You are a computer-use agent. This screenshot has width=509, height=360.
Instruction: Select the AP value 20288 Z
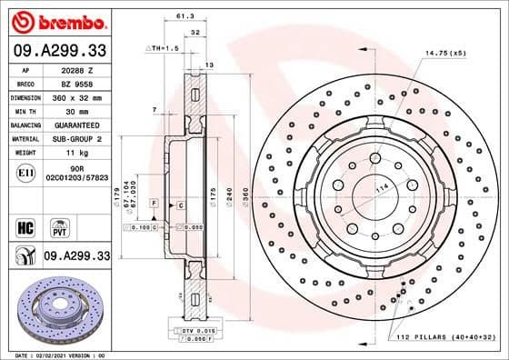click(x=75, y=69)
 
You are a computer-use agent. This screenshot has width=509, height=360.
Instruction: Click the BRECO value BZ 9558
click(x=75, y=83)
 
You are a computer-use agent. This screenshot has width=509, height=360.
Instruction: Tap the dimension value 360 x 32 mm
click(x=75, y=96)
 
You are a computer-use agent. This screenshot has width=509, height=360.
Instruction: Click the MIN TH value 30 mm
click(x=75, y=110)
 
